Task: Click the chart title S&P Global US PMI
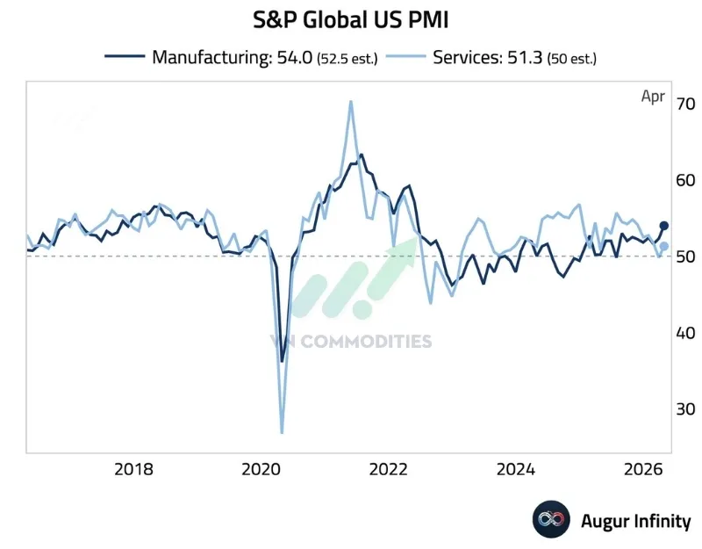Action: click(350, 19)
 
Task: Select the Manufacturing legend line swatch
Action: click(125, 57)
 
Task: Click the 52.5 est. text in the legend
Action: click(349, 58)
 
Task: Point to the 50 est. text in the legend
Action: click(572, 58)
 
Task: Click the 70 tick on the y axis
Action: click(684, 104)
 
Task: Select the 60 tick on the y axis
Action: click(684, 180)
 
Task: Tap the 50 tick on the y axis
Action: click(684, 256)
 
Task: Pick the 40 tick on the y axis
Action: click(684, 333)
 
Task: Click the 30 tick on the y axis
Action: click(684, 409)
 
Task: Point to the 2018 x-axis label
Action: click(133, 468)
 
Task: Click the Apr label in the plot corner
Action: click(652, 97)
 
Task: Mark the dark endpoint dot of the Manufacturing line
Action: click(664, 226)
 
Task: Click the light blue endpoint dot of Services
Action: click(664, 247)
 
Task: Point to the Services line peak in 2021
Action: click(351, 102)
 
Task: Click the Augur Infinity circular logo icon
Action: click(551, 520)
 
